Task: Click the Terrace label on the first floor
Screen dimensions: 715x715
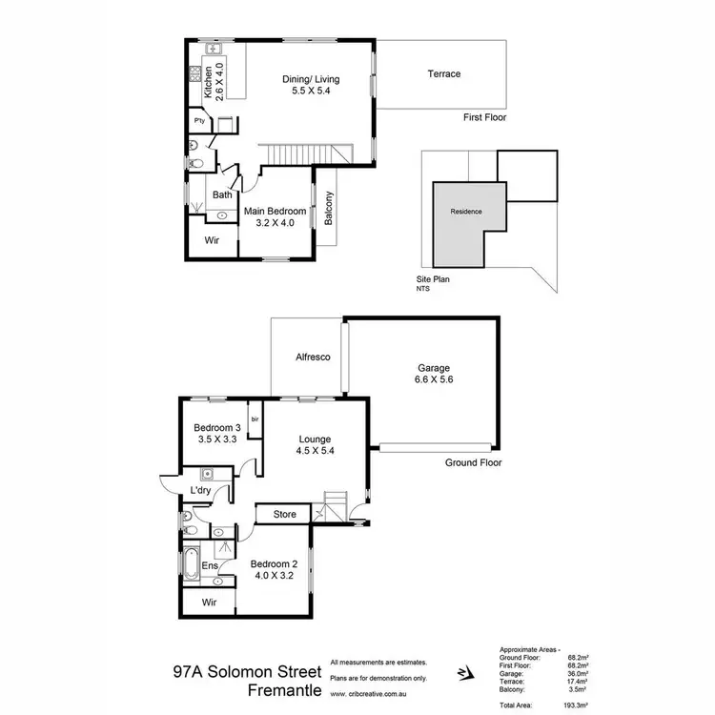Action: [443, 74]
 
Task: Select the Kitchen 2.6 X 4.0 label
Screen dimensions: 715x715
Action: [214, 81]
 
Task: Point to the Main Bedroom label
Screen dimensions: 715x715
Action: [275, 216]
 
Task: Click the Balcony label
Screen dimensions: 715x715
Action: [329, 210]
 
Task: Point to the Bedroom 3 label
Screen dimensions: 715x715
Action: [216, 435]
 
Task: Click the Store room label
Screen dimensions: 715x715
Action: [285, 515]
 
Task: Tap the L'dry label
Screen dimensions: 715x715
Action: [200, 490]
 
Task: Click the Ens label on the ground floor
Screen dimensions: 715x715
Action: [210, 566]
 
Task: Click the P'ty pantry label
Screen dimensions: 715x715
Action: [199, 122]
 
